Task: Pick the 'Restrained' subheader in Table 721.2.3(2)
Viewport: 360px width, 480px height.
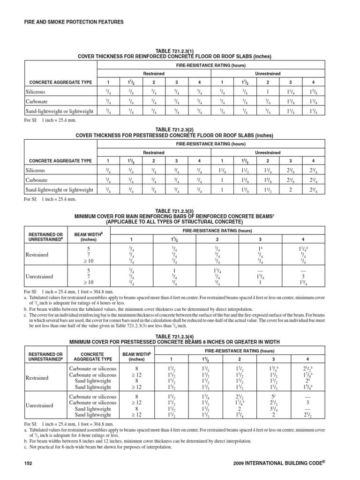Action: pyautogui.click(x=154, y=152)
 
